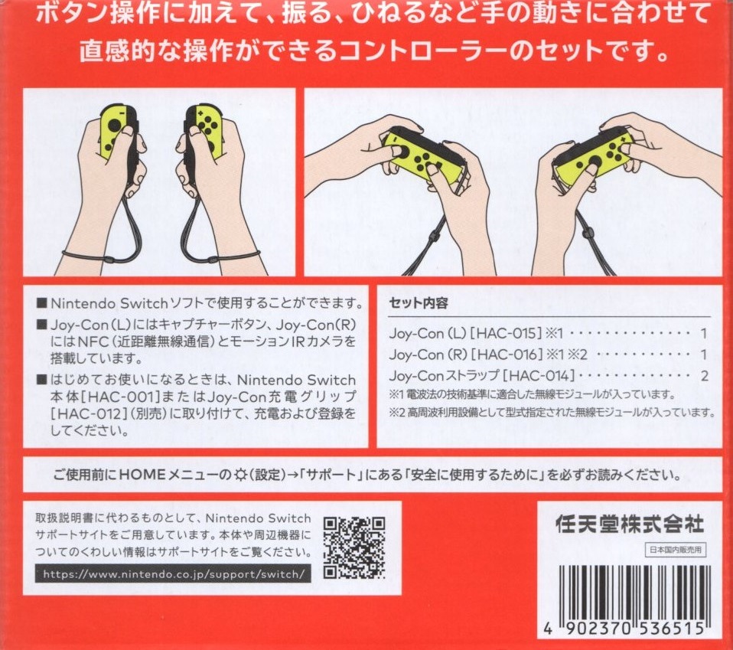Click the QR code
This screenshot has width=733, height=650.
tap(354, 547)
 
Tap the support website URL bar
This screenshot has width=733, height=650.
tap(173, 573)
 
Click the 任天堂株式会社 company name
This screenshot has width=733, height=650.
tap(630, 524)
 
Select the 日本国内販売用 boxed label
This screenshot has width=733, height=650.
tap(676, 550)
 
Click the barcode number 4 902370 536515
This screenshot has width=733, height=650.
tap(624, 629)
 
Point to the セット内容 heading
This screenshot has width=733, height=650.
tap(419, 303)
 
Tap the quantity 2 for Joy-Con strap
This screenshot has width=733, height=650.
tap(704, 375)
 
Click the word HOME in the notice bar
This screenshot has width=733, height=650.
tap(142, 475)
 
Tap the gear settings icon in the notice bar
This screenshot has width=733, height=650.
tap(239, 475)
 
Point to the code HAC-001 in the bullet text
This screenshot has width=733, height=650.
tap(119, 397)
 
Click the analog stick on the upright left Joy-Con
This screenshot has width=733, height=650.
tap(115, 126)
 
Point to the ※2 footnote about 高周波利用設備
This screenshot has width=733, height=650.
tap(552, 413)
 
